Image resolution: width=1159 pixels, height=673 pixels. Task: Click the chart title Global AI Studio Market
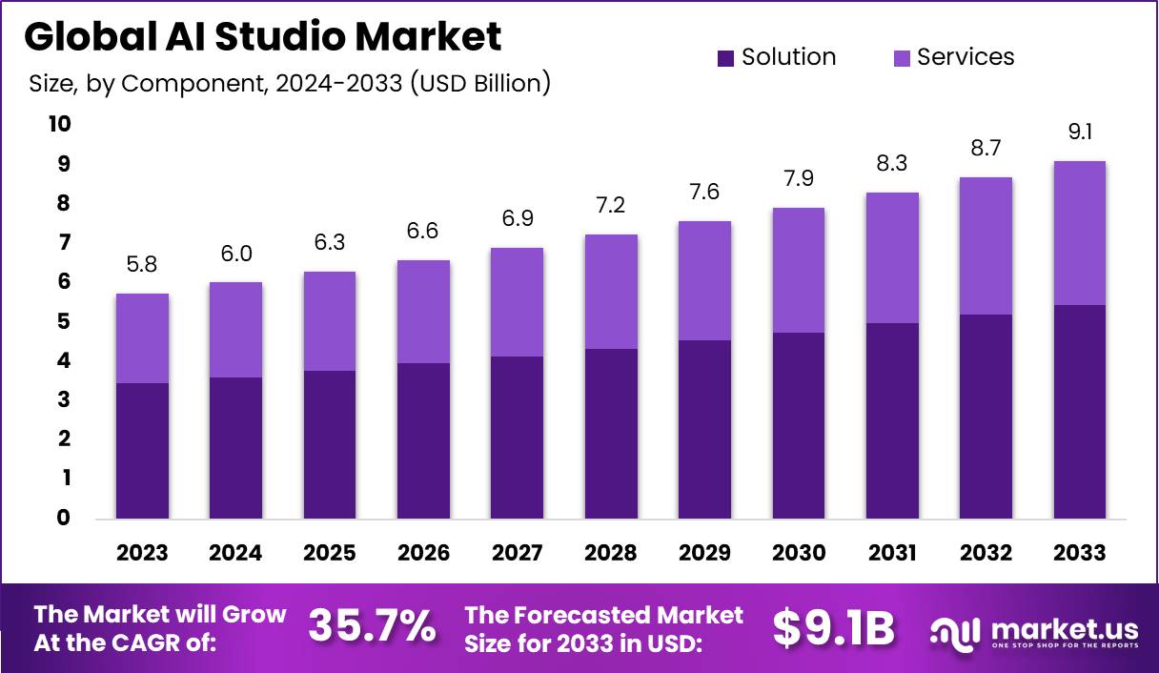[x=262, y=37]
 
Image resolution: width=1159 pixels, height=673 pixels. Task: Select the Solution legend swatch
[x=725, y=58]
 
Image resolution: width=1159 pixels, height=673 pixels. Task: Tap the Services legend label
[x=966, y=57]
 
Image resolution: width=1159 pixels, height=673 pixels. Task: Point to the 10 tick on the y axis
[x=59, y=125]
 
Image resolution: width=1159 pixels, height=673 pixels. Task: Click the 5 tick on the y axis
[x=64, y=321]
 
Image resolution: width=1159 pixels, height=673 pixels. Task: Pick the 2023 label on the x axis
[x=142, y=553]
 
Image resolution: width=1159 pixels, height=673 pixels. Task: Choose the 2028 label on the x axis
[x=611, y=553]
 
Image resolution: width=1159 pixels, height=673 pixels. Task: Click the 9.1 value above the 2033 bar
[x=1080, y=133]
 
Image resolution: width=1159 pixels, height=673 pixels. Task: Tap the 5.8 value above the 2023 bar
[x=142, y=264]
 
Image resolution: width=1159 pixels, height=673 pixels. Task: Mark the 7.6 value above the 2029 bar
[x=704, y=192]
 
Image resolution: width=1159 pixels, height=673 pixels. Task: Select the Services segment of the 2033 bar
[x=1080, y=233]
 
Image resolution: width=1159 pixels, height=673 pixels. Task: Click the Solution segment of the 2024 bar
[x=235, y=448]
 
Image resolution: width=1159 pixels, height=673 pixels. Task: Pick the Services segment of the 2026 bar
[x=423, y=312]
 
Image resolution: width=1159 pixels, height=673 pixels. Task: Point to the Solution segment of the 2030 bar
[x=799, y=425]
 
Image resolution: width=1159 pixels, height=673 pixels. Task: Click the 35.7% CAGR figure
[x=372, y=627]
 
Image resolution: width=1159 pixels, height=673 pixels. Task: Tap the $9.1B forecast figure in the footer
[x=833, y=627]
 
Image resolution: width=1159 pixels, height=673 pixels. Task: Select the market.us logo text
[x=1064, y=630]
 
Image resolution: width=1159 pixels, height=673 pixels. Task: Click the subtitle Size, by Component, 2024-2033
[x=290, y=84]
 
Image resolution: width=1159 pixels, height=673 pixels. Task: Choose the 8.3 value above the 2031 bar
[x=892, y=163]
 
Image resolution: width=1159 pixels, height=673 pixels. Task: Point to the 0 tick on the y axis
[x=64, y=519]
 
